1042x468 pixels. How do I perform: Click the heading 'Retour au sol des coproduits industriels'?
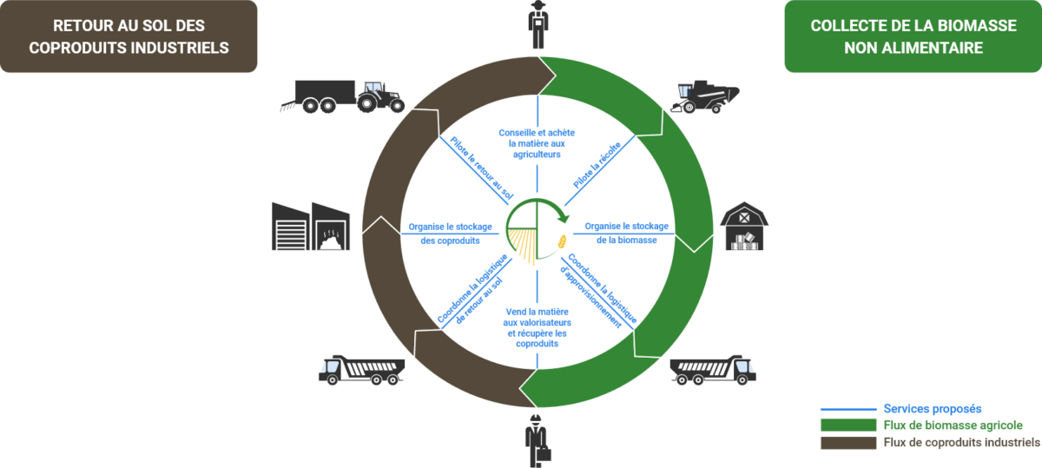tap(129, 36)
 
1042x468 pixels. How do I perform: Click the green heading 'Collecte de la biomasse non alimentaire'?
tap(913, 36)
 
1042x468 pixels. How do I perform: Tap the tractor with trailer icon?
tap(342, 96)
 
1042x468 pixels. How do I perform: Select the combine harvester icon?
tap(704, 97)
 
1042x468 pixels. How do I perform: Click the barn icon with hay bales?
tap(744, 227)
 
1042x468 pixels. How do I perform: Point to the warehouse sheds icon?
tap(312, 227)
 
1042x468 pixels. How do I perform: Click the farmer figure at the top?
tap(538, 24)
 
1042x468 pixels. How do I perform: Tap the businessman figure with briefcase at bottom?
tap(537, 438)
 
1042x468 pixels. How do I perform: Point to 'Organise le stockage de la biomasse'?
tap(626, 233)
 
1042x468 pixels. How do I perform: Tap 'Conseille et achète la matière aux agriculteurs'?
tap(537, 142)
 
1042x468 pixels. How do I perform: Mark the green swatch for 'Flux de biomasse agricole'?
tap(847, 425)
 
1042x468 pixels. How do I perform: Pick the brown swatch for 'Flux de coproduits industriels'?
tap(847, 443)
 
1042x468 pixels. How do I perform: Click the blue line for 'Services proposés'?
tap(847, 408)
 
